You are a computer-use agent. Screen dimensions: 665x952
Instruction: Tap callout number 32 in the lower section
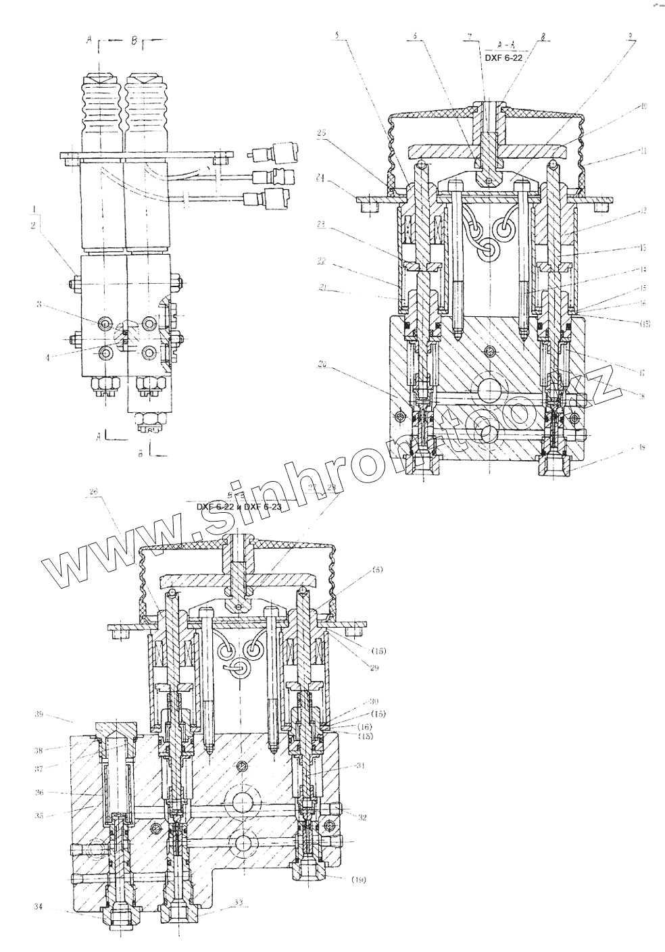coord(362,817)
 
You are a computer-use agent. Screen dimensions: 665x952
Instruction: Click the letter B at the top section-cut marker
coord(134,41)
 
